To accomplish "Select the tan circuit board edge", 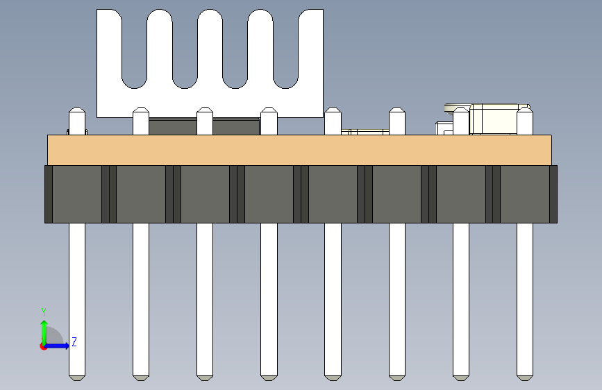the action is [299, 150].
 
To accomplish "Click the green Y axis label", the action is [43, 312].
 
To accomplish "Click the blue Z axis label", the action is [74, 341].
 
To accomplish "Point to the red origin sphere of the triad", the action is [44, 346].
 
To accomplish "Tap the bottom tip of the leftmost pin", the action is [76, 377].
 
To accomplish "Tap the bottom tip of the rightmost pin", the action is [525, 377].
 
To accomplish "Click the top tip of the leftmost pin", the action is [76, 111].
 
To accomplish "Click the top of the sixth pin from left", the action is [397, 112].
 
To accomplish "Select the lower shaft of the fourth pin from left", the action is [269, 298].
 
